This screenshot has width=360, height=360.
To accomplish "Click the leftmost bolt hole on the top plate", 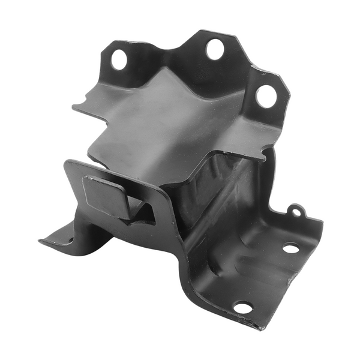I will (119, 59).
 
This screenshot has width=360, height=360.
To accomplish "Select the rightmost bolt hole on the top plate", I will (266, 96).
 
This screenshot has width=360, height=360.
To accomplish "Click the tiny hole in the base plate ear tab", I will (295, 211).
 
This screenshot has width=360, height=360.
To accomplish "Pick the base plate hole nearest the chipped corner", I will (243, 308).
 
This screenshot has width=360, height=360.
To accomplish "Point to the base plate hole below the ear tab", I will (291, 247).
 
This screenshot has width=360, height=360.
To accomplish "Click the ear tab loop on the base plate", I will (295, 210).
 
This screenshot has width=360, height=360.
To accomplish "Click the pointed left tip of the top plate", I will (74, 108).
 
